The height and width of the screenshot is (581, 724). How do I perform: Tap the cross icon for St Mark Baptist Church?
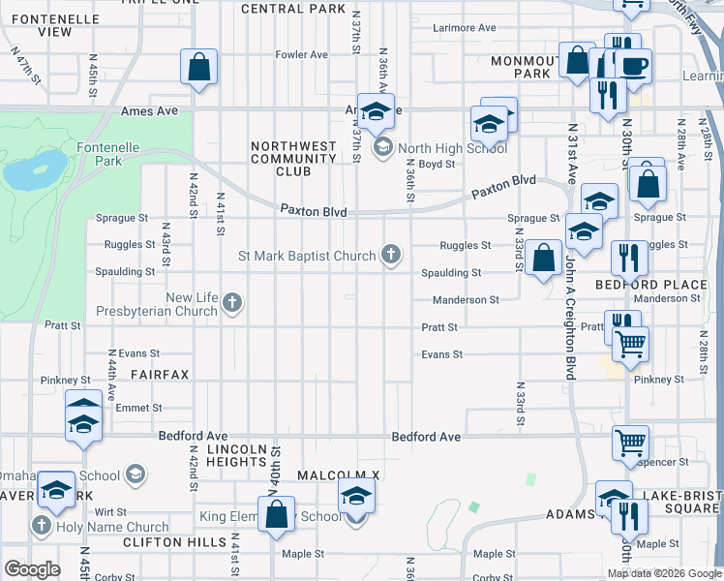pos(391,256)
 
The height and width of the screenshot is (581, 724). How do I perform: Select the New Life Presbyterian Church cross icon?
pos(231,304)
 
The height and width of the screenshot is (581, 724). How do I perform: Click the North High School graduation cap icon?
pos(382,147)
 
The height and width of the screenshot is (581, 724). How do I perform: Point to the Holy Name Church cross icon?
pos(41,527)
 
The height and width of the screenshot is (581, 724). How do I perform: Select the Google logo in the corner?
pos(32,569)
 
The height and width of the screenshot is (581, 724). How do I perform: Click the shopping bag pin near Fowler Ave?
pos(198,68)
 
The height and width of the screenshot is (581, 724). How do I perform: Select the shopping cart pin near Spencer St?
pos(630,443)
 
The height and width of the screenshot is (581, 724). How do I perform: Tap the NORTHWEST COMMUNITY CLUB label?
pos(293,159)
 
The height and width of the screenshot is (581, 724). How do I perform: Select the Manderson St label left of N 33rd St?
pos(466,300)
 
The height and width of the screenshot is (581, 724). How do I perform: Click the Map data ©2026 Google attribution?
pos(664,573)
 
